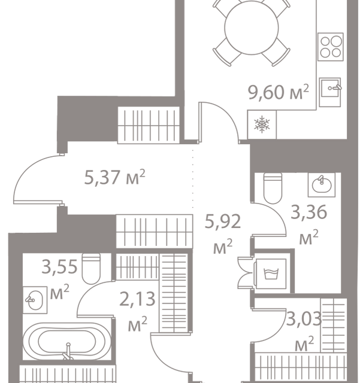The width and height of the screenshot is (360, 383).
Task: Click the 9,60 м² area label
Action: point(279,93)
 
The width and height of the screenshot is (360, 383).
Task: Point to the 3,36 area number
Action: point(304,212)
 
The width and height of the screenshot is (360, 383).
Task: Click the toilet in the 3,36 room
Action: point(272,188)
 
